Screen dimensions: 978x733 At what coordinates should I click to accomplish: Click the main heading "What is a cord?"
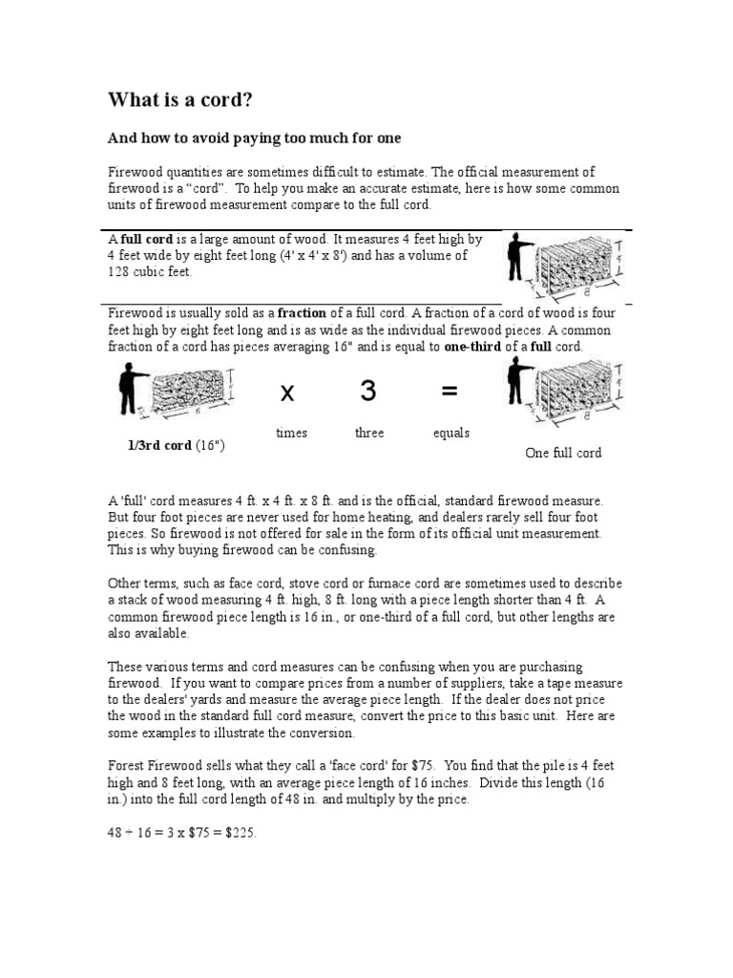pos(179,100)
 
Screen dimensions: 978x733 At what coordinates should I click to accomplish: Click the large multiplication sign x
pos(287,392)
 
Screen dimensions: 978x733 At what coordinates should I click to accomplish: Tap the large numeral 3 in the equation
pos(368,390)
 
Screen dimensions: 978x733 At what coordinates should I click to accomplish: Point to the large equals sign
pos(450,391)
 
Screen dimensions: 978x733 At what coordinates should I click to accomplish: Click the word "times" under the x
pos(291,433)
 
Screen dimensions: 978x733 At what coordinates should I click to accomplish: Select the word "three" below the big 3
pos(369,433)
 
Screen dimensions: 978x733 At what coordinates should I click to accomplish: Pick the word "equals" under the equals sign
pos(450,433)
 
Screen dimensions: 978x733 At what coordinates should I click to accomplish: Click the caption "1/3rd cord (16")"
pos(177,446)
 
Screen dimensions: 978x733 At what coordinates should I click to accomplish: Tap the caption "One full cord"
pos(563,453)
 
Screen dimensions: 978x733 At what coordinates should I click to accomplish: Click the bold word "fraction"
pos(304,312)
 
